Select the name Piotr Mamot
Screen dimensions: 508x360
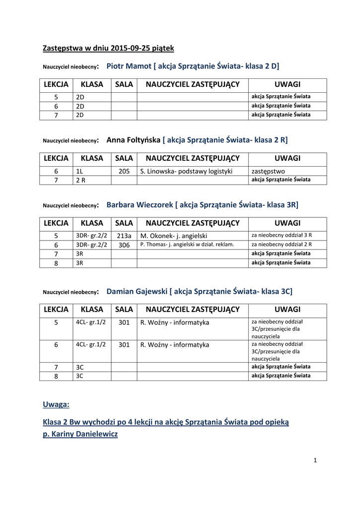(x=129, y=65)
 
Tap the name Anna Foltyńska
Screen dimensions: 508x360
(x=134, y=140)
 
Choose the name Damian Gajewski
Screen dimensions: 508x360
(x=137, y=291)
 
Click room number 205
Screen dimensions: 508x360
(x=124, y=171)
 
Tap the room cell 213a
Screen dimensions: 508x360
(x=124, y=236)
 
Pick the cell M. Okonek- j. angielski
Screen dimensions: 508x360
(x=174, y=236)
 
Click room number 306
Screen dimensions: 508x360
(x=124, y=245)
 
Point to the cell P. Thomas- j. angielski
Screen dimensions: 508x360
(x=187, y=245)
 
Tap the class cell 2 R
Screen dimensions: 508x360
(x=80, y=180)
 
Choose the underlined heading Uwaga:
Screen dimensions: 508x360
(x=56, y=404)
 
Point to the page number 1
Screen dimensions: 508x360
(x=315, y=460)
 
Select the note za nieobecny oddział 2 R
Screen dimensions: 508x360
(x=282, y=245)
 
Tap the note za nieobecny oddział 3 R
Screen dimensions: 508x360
(x=282, y=235)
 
